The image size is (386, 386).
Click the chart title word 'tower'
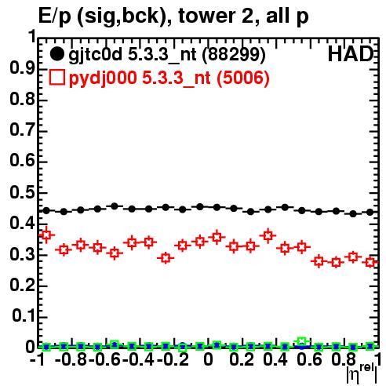click(202, 16)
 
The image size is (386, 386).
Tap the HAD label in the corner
click(351, 54)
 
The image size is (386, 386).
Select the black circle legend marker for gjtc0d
click(56, 54)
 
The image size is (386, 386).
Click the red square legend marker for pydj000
click(56, 78)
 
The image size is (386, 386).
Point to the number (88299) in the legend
click(234, 55)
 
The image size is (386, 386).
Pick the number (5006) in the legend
click(243, 78)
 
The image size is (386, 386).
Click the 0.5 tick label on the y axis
click(22, 192)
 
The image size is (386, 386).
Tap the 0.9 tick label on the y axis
click(22, 68)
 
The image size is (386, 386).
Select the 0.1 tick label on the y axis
click(24, 316)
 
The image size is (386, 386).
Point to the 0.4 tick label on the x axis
click(275, 359)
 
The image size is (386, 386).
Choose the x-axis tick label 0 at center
click(208, 359)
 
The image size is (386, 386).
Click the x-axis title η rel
click(362, 374)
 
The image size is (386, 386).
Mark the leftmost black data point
click(46, 210)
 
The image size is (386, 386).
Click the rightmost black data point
click(370, 213)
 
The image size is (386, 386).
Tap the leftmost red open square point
click(46, 235)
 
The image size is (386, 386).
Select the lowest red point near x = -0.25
click(166, 258)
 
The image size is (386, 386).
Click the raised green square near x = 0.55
click(302, 341)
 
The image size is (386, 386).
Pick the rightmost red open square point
click(370, 262)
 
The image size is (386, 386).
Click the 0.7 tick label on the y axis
click(22, 130)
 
